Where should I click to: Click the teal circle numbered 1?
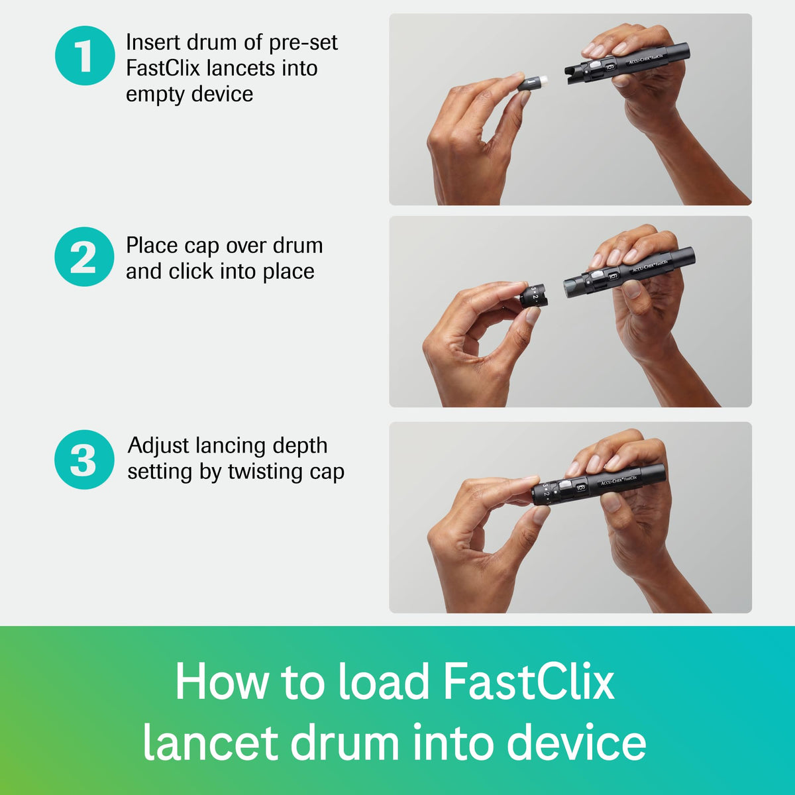(85, 56)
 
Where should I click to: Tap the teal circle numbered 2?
(85, 256)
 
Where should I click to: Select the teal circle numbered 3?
(84, 459)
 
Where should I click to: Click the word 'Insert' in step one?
(152, 42)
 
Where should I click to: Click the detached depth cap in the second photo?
(533, 295)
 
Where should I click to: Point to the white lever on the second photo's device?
(597, 275)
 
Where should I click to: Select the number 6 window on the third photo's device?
(581, 488)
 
